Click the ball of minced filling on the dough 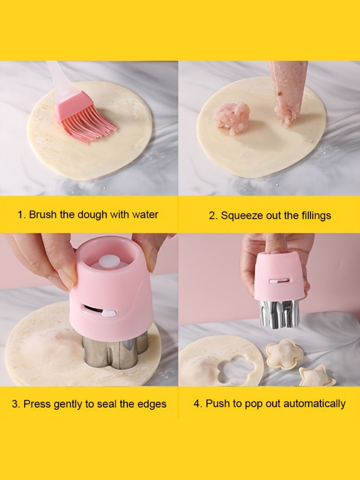pyautogui.click(x=232, y=118)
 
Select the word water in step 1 pyautogui.click(x=145, y=215)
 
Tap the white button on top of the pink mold pyautogui.click(x=109, y=262)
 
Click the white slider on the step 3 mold pyautogui.click(x=108, y=313)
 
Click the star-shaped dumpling pyautogui.click(x=317, y=376)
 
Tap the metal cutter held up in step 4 pyautogui.click(x=279, y=313)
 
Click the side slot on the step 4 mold pyautogui.click(x=279, y=281)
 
